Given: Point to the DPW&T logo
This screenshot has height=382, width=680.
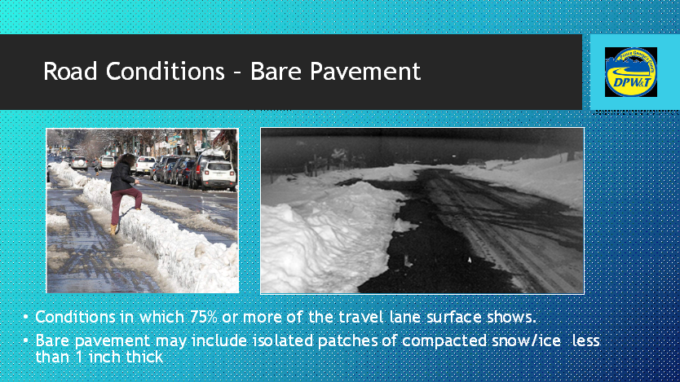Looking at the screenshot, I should (630, 72).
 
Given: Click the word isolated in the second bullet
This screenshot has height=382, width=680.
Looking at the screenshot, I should (266, 340).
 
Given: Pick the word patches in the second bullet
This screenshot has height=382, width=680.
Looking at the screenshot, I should (333, 340).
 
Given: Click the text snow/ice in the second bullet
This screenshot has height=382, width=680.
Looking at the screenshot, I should (523, 340).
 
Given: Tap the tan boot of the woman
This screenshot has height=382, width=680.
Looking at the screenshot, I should (113, 229).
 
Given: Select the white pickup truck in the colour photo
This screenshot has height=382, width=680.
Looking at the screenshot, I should (144, 165).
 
